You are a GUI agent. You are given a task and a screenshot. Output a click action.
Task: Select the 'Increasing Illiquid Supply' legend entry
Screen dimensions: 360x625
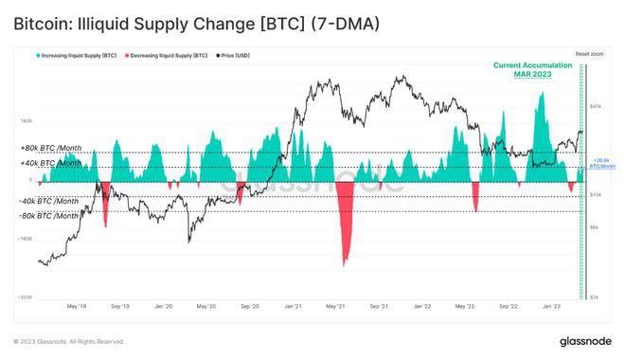[75, 57]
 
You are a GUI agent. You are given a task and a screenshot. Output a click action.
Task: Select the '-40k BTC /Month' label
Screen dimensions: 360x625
[49, 201]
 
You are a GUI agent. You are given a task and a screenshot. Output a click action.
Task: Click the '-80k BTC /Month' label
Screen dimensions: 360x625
[49, 215]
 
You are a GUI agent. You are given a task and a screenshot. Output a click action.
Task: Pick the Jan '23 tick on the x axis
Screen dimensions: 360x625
[551, 308]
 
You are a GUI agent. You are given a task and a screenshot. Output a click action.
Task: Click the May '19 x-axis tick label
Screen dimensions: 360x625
[77, 308]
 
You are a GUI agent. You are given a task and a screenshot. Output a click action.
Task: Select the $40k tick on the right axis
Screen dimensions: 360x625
[596, 106]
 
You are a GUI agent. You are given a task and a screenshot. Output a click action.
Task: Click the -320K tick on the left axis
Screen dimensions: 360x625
[26, 297]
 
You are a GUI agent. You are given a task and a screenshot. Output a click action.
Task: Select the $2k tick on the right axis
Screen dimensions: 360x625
[594, 297]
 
